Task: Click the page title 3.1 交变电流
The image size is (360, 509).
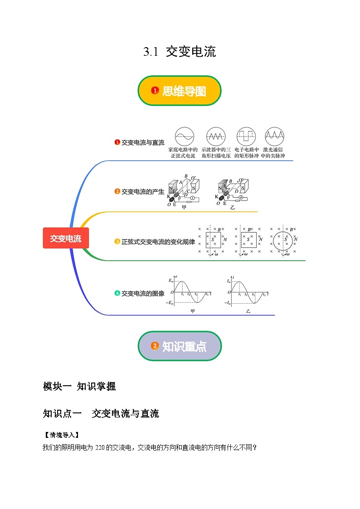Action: point(180,52)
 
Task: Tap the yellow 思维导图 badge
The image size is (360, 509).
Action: point(180,91)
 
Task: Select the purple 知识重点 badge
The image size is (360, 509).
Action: point(180,346)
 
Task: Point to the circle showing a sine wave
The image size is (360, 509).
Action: point(184,136)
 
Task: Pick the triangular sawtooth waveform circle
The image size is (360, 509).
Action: point(216,136)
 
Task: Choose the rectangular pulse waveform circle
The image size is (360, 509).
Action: point(246,136)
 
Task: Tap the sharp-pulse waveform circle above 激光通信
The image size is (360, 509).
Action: point(275,136)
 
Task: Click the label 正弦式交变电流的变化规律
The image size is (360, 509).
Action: point(158,242)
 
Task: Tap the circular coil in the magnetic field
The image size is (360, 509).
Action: point(285,239)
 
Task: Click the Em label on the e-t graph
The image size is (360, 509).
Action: point(171,281)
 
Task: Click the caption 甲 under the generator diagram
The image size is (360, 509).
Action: point(184,208)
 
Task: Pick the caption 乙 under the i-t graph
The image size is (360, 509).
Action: point(248,311)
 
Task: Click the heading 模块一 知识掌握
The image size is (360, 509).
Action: point(79,386)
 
